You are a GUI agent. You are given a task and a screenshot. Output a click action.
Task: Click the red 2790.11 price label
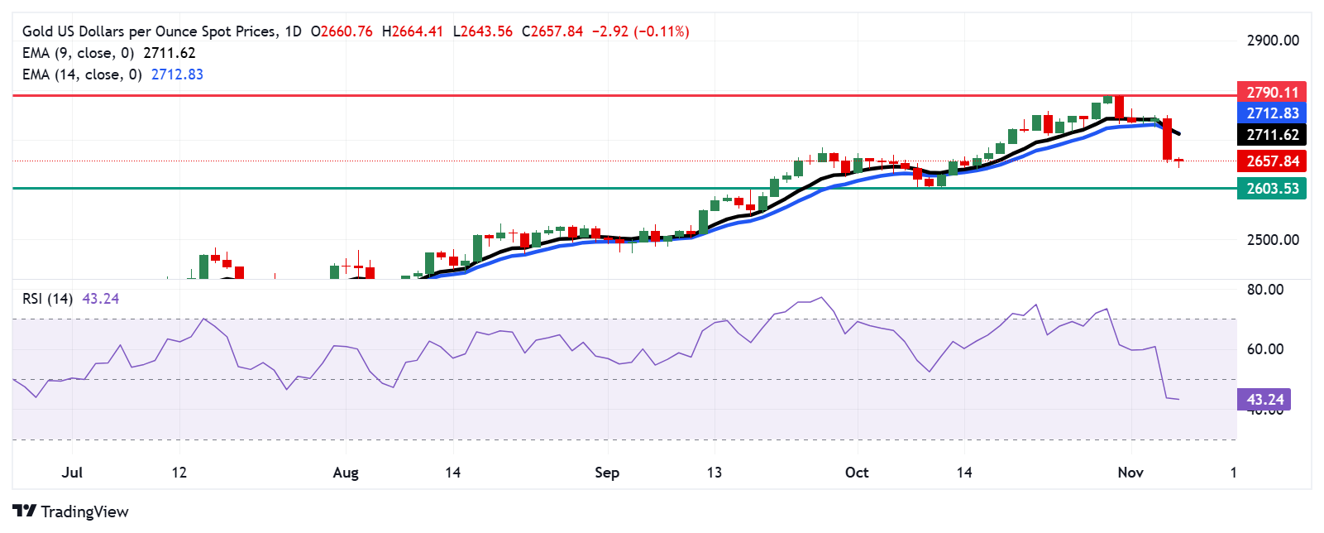click(x=1272, y=92)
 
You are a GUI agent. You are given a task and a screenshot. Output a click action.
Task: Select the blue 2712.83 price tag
click(x=1272, y=113)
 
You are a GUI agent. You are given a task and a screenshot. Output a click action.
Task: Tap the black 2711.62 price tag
click(x=1272, y=135)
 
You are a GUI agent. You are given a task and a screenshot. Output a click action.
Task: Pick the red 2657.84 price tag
click(x=1272, y=161)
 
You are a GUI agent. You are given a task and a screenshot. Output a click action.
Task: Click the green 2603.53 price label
click(x=1272, y=189)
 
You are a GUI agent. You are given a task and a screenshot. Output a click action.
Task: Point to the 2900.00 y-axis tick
click(x=1273, y=41)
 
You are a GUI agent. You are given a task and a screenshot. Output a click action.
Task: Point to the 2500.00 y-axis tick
click(x=1273, y=240)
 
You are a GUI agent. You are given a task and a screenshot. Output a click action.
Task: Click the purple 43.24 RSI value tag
click(x=1264, y=400)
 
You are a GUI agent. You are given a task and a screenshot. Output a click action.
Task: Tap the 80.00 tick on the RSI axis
click(x=1265, y=290)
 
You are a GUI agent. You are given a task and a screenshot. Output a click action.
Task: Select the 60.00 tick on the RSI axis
click(x=1265, y=349)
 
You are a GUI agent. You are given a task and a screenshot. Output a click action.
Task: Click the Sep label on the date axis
click(x=607, y=473)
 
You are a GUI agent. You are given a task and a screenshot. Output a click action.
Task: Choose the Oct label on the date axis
click(x=857, y=473)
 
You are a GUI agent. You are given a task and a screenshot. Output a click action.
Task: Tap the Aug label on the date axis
click(x=346, y=473)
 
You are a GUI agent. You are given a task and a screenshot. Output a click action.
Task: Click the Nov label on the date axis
click(x=1130, y=473)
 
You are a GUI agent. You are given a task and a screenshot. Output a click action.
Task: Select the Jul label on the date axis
click(x=72, y=473)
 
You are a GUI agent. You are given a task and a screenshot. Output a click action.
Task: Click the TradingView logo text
click(x=84, y=511)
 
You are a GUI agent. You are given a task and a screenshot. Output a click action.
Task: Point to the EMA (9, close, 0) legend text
click(x=79, y=53)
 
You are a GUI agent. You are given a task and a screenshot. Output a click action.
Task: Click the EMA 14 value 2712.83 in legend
click(x=177, y=74)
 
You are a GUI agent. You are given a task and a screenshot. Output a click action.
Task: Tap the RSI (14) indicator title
click(x=47, y=299)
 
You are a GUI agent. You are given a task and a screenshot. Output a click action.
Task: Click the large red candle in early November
click(x=1167, y=139)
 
